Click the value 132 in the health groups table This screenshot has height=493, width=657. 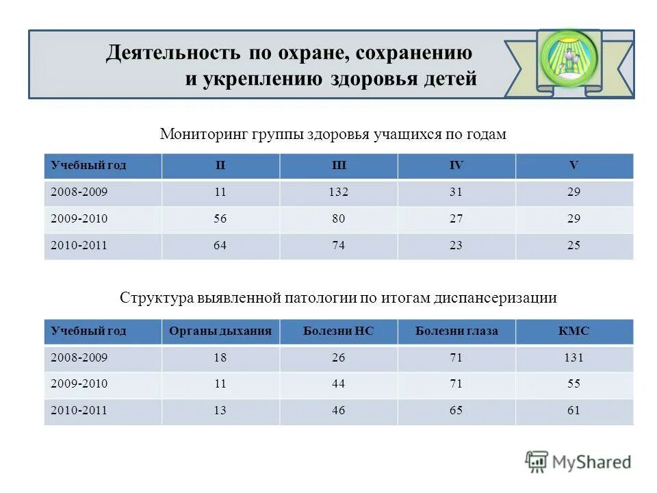point(338,192)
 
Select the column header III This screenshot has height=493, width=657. point(338,166)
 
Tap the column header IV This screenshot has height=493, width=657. point(456,166)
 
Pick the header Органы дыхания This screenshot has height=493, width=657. point(220,331)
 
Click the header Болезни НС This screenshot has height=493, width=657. point(338,331)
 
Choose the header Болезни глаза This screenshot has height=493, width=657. point(456,331)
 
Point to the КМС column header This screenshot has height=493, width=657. point(574,331)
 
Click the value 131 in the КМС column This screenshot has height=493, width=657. point(574,357)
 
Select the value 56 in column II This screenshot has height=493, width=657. point(220,219)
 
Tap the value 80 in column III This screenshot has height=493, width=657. point(338,219)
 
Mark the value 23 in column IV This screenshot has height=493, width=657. point(456,245)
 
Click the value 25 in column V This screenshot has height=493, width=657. point(574,245)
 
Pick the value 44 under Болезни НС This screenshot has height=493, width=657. point(338,384)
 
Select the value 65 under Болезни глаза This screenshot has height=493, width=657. point(456,411)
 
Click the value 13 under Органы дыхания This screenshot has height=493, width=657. point(220,411)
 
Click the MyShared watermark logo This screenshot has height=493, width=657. point(578,462)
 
